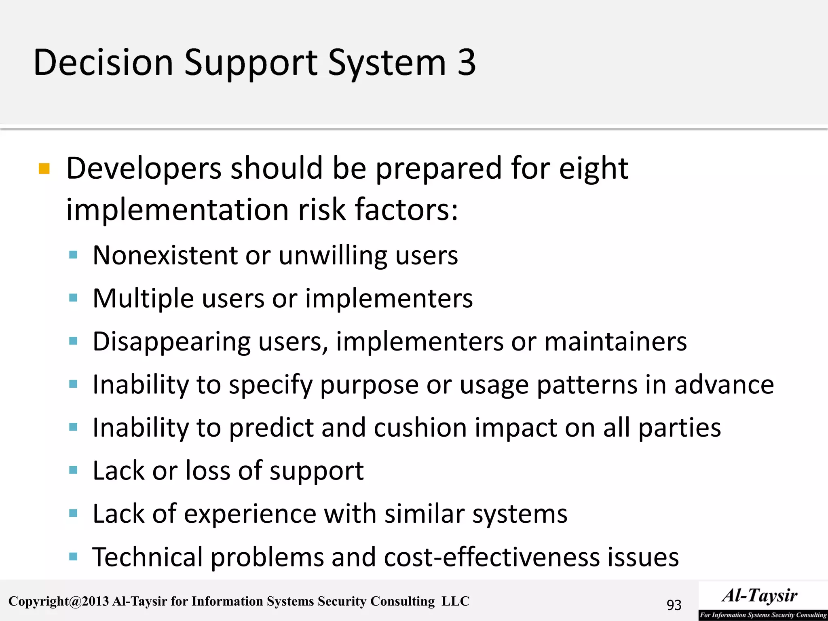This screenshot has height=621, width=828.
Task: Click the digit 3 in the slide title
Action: (466, 63)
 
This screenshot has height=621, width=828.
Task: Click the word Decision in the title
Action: (103, 63)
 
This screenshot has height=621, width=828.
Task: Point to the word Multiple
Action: (143, 299)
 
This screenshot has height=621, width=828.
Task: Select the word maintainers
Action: (615, 342)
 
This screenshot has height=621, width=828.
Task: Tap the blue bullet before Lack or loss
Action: (73, 470)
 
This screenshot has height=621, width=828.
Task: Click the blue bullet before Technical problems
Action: (73, 557)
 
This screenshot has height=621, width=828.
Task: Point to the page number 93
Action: (674, 605)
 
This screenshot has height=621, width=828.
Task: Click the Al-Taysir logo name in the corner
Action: (760, 596)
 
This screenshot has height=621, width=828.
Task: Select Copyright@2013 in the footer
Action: (59, 601)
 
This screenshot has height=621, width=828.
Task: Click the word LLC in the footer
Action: (455, 601)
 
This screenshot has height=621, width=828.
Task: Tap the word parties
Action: (679, 428)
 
